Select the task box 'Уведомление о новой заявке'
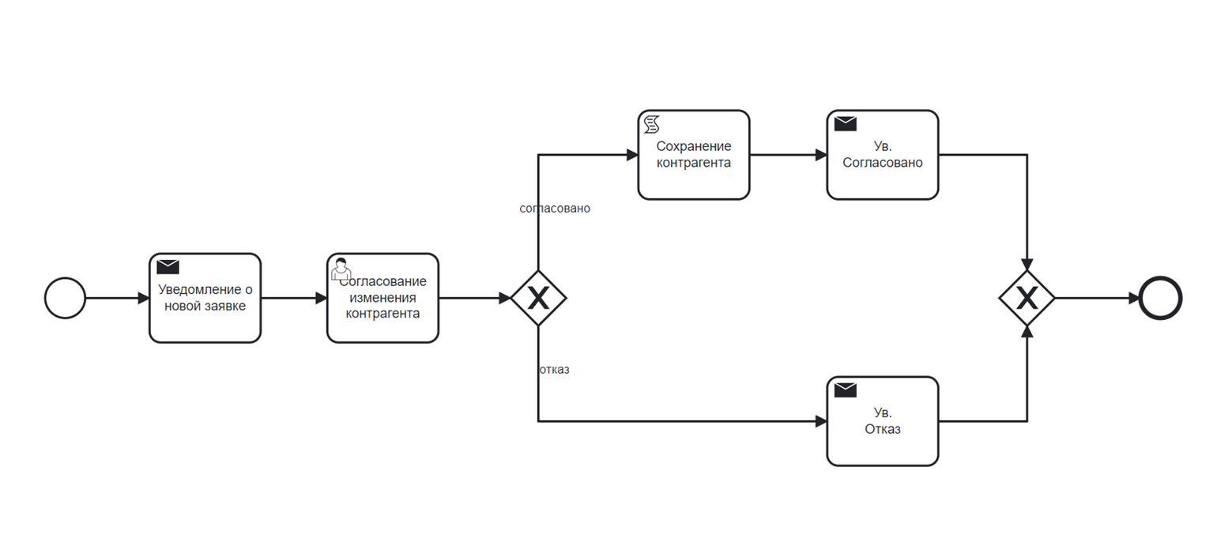205,298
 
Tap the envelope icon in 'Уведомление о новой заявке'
168,267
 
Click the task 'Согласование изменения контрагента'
382,298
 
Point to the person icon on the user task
341,269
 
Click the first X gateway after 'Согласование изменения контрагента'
538,298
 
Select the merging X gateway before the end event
1027,298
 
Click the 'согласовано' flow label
555,209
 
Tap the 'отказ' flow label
555,370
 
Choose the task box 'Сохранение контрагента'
694,155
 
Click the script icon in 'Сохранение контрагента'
652,124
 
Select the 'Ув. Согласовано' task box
883,155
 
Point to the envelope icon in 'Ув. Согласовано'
846,124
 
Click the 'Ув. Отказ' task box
883,422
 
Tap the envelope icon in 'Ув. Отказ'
846,390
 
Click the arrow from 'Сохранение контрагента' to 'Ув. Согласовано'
788,155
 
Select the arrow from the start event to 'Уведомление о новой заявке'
118,298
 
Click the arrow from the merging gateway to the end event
1097,298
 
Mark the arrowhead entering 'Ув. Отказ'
821,422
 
